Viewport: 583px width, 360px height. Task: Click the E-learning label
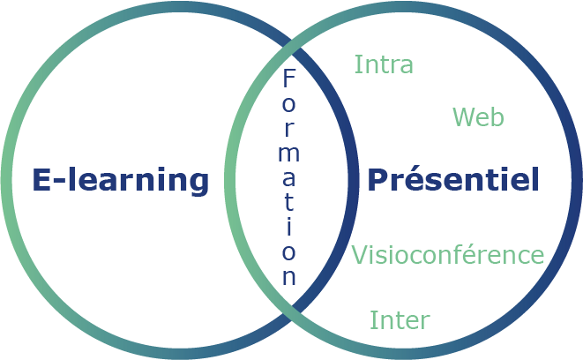pyautogui.click(x=121, y=180)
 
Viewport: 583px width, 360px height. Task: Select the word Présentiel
pyautogui.click(x=452, y=180)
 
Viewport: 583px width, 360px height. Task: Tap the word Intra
pyautogui.click(x=384, y=64)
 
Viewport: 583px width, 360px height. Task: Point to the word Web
pyautogui.click(x=478, y=116)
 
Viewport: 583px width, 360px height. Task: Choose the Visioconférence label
pyautogui.click(x=447, y=255)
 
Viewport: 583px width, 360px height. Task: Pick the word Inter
pyautogui.click(x=400, y=319)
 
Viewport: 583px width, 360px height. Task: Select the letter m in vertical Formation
pyautogui.click(x=289, y=153)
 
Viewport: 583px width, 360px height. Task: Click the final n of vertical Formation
pyautogui.click(x=289, y=276)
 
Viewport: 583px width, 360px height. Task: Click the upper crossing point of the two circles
pyautogui.click(x=291, y=51)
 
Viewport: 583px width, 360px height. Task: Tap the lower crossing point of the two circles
pyautogui.click(x=291, y=308)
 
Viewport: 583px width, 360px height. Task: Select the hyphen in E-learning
pyautogui.click(x=57, y=183)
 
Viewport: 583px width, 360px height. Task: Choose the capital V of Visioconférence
pyautogui.click(x=359, y=255)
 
